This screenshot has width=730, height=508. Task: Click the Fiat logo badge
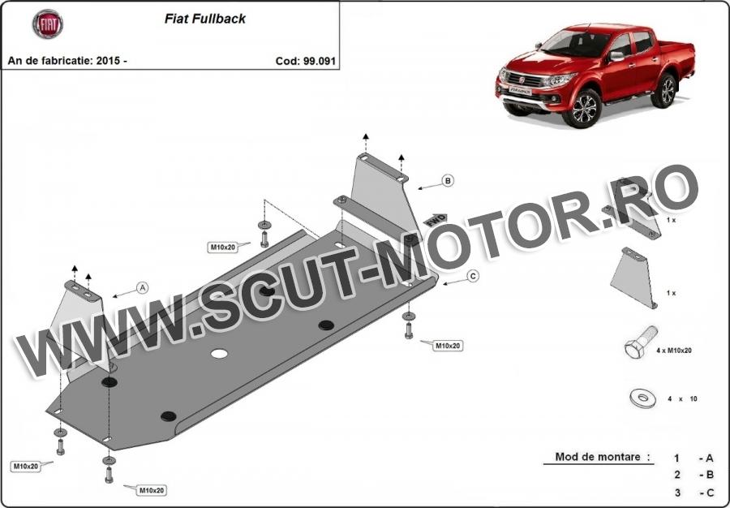[x=48, y=24]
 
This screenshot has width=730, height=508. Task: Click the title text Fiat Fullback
[x=205, y=19]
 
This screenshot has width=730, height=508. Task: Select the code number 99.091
[x=320, y=61]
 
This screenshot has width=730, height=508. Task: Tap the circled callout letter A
[x=143, y=288]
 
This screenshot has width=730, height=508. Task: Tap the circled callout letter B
[x=448, y=181]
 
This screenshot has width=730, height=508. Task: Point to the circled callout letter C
[x=473, y=276]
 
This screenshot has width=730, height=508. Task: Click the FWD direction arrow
[x=436, y=218]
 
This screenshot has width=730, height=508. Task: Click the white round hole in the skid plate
[x=219, y=354]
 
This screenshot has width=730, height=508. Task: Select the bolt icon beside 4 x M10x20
[x=641, y=342]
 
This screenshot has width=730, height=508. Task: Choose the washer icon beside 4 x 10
[x=642, y=398]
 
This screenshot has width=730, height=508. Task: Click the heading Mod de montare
[x=602, y=457]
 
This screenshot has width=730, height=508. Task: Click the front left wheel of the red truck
[x=582, y=108]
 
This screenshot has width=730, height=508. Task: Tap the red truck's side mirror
[x=617, y=56]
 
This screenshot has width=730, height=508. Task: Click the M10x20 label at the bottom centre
[x=152, y=490]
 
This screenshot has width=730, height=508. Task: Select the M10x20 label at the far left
[x=26, y=466]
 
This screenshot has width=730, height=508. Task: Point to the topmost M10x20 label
[x=223, y=248]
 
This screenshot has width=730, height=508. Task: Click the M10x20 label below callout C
[x=448, y=346]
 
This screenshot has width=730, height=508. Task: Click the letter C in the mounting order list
[x=710, y=493]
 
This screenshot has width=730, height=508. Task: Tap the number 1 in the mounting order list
[x=677, y=458]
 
